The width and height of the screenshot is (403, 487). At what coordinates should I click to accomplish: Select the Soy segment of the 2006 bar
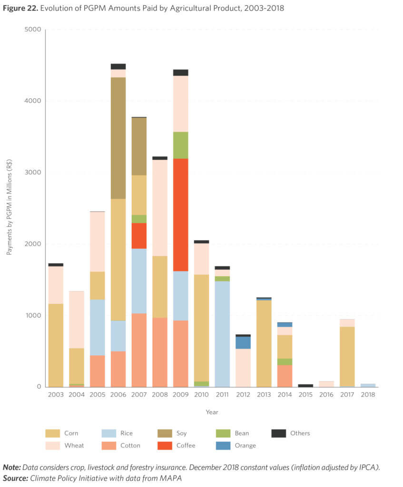click(118, 138)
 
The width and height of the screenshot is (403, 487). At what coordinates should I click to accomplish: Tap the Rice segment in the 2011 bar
click(222, 333)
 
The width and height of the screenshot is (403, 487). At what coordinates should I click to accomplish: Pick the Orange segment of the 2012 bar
click(243, 342)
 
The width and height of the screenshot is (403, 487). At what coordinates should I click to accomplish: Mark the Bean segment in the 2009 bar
click(180, 145)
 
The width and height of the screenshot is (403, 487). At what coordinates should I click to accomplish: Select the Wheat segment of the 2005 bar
click(97, 242)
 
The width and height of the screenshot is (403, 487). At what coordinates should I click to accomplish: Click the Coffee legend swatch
click(166, 446)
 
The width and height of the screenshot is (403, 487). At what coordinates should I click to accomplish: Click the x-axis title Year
click(212, 412)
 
